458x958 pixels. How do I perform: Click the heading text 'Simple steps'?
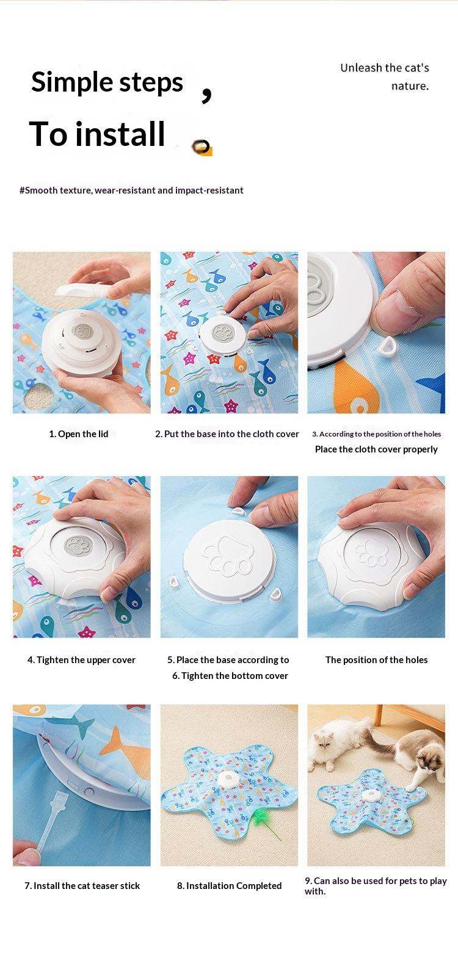(107, 82)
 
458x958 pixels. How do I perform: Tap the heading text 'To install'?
(97, 134)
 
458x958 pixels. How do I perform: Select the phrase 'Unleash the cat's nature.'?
(385, 77)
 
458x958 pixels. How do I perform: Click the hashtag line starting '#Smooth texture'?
(131, 191)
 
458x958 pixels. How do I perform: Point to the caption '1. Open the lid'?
(78, 434)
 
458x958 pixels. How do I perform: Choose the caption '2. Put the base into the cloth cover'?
(227, 434)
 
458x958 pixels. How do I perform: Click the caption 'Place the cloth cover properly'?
(376, 449)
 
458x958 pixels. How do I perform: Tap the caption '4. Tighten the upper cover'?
(81, 660)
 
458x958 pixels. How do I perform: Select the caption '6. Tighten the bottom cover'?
(230, 676)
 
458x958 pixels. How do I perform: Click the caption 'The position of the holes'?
(376, 660)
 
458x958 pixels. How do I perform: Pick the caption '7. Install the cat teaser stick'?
(82, 886)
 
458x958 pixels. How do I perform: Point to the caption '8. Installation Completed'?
(229, 886)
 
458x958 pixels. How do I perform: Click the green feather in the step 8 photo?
(264, 819)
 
